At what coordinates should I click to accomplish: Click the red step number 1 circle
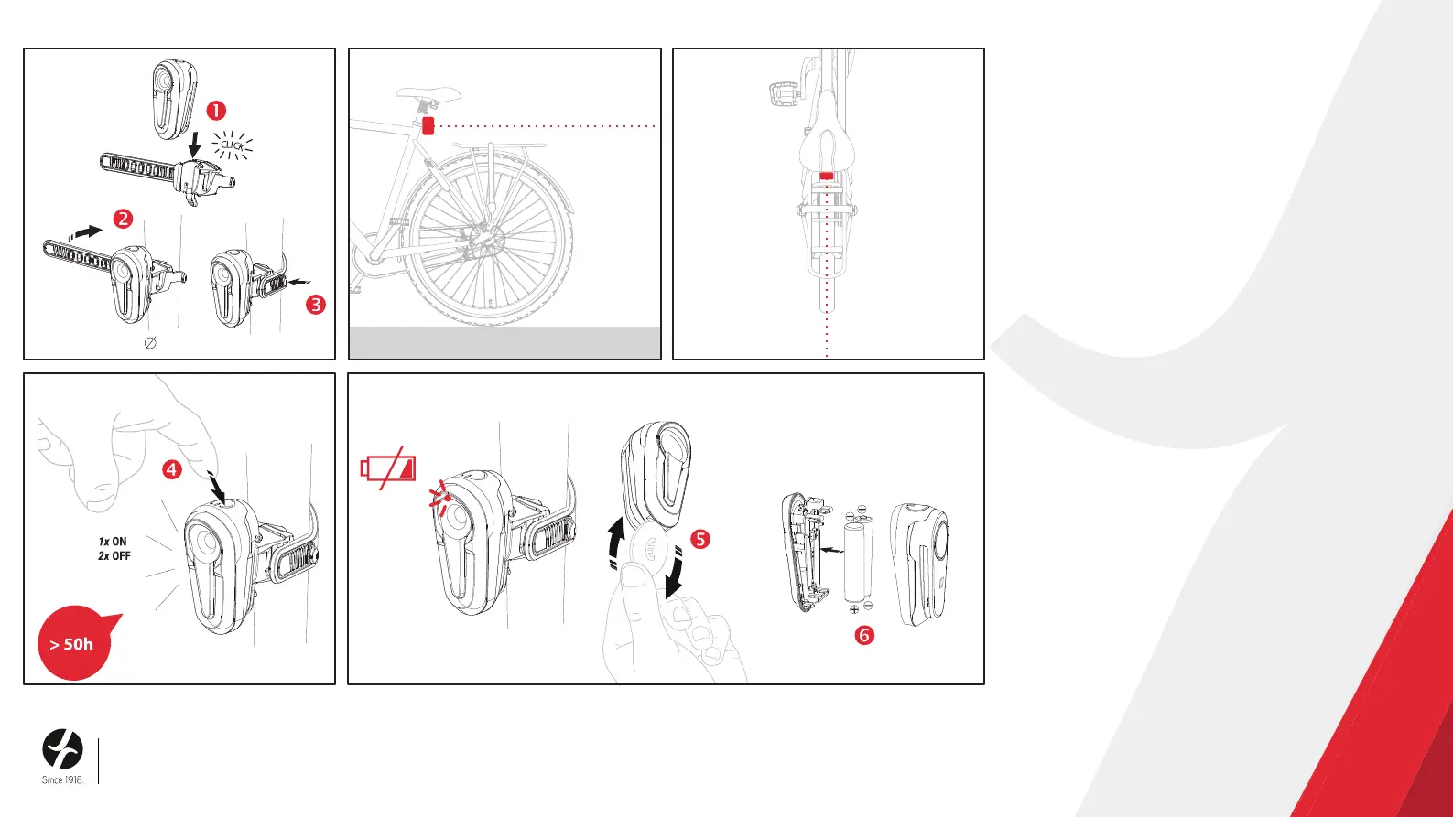[216, 110]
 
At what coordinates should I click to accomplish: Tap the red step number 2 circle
[123, 219]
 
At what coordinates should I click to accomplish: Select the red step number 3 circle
[316, 305]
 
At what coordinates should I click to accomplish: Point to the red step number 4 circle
[172, 469]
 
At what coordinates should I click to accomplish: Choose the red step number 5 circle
[699, 539]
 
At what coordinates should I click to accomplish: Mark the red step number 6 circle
[864, 635]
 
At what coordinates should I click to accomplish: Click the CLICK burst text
[233, 145]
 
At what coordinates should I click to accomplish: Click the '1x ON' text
[113, 542]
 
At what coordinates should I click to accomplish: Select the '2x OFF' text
[114, 555]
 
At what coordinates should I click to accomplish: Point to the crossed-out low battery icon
[388, 468]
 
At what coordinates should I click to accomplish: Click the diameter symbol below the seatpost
[150, 342]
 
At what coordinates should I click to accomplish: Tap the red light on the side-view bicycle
[428, 125]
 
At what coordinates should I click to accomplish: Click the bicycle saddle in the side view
[428, 94]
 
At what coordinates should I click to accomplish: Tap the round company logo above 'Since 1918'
[62, 749]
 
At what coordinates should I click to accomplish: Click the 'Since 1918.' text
[63, 780]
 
